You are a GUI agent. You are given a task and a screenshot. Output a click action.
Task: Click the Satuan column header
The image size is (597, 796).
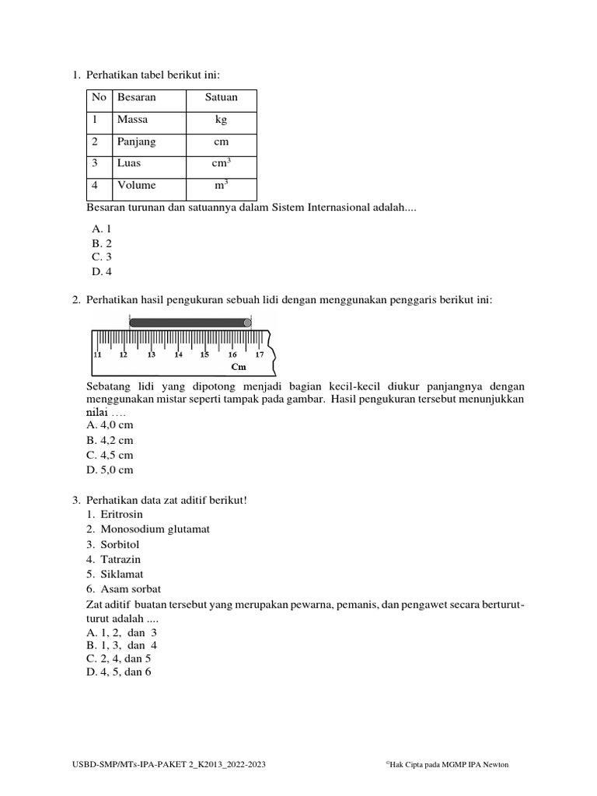click(x=221, y=98)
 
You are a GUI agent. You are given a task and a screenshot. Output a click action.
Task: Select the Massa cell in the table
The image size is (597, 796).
click(x=132, y=120)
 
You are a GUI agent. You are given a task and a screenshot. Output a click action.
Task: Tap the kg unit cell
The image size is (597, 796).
click(x=222, y=120)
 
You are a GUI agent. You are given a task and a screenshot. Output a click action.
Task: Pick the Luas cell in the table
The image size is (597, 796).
click(x=129, y=164)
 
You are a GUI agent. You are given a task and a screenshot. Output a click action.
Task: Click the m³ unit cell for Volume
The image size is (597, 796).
click(x=222, y=186)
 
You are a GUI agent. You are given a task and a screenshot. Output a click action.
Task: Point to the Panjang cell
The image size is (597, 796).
click(x=136, y=142)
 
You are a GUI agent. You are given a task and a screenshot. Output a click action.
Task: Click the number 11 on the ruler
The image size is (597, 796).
click(x=97, y=354)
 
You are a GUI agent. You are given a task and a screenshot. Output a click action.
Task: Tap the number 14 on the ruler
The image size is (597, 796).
click(x=178, y=354)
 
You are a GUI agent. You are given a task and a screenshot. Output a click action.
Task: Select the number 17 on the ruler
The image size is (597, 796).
click(x=260, y=354)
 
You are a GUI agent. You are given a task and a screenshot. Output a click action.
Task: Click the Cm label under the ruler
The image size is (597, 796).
click(x=238, y=367)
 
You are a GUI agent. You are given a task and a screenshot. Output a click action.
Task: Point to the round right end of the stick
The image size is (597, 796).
click(x=247, y=322)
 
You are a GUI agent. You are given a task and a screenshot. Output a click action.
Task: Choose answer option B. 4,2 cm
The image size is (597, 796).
click(x=112, y=441)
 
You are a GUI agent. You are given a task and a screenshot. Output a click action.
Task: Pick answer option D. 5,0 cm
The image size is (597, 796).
click(x=112, y=470)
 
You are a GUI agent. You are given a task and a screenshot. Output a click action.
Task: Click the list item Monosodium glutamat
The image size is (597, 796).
click(x=155, y=529)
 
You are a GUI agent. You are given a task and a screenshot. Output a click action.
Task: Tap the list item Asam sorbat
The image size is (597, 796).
click(x=131, y=588)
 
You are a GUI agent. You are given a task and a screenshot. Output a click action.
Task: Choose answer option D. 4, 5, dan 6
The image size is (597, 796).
click(x=119, y=672)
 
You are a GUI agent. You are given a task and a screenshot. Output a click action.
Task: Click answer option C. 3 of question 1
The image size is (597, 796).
click(x=102, y=257)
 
